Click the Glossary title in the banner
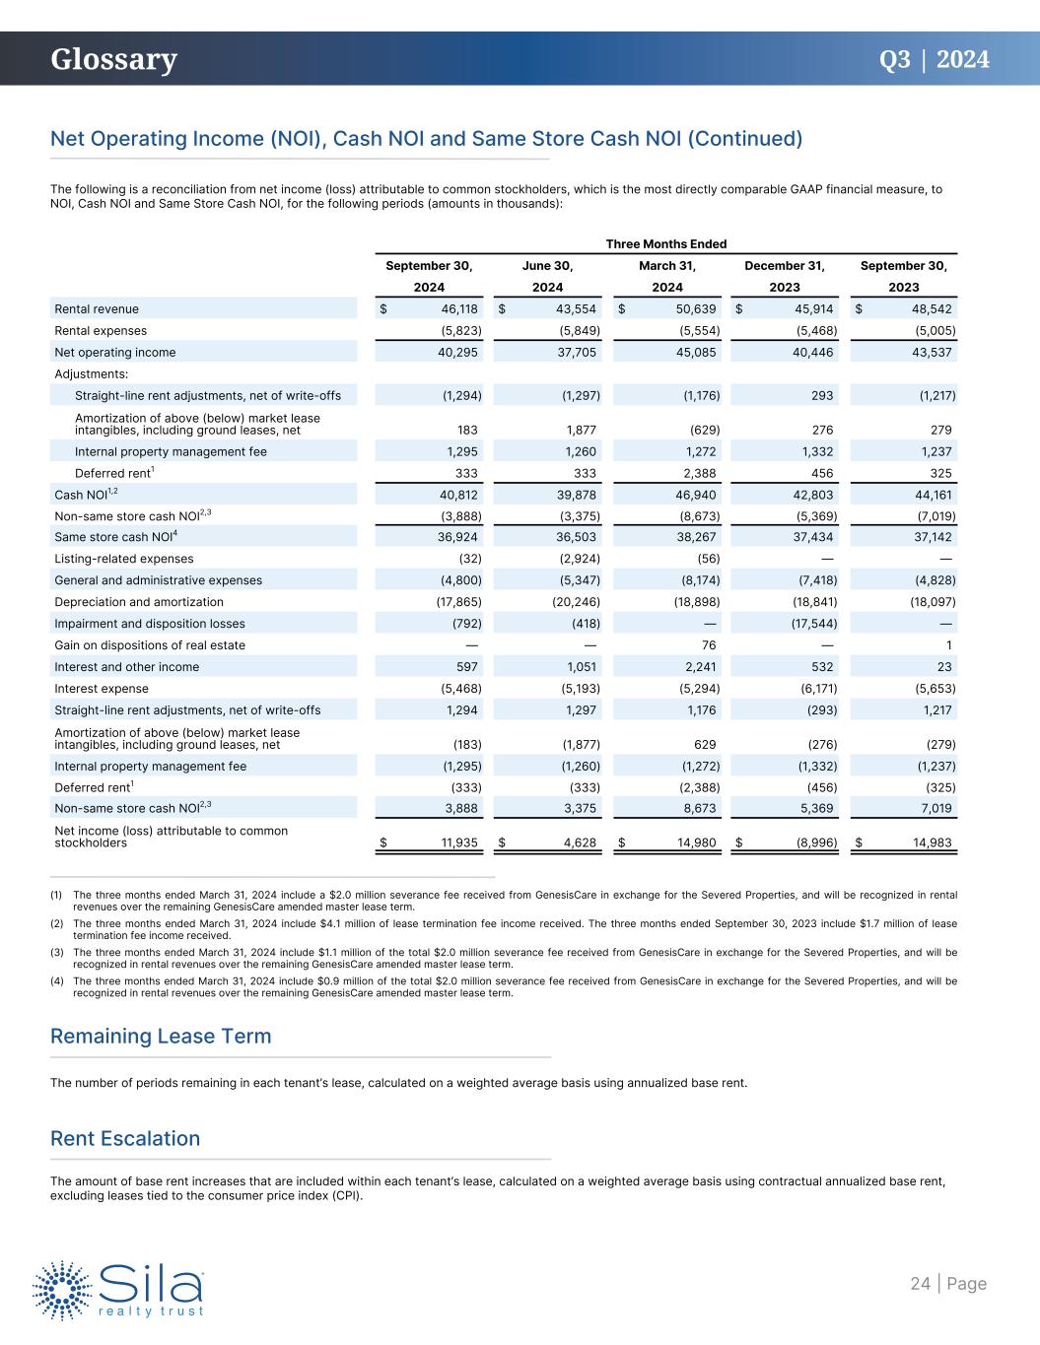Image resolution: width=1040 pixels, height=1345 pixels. pyautogui.click(x=114, y=60)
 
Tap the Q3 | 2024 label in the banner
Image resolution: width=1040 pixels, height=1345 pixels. pyautogui.click(x=934, y=60)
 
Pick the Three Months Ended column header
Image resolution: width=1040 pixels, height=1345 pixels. pyautogui.click(x=665, y=244)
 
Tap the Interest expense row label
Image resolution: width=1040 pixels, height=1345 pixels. pyautogui.click(x=102, y=689)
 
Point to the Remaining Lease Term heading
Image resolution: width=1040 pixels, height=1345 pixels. pyautogui.click(x=161, y=1037)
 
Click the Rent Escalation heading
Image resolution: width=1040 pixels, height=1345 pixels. pyautogui.click(x=125, y=1139)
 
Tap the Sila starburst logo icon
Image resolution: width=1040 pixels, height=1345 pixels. pyautogui.click(x=64, y=1289)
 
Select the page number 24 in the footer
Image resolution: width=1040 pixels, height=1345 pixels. pyautogui.click(x=920, y=1284)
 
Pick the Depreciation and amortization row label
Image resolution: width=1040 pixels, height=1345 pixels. pyautogui.click(x=139, y=602)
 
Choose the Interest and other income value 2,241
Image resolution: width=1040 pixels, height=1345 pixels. pyautogui.click(x=699, y=667)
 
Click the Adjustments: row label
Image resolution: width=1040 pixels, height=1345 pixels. pyautogui.click(x=92, y=374)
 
